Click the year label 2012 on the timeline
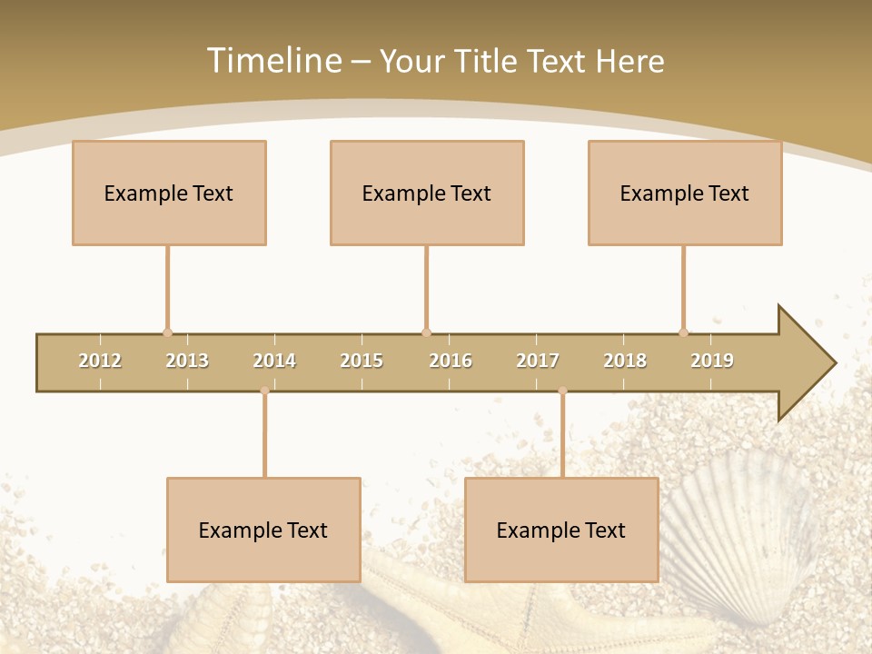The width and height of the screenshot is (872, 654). coord(100,361)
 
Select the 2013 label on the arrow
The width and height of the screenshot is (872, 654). coord(187,361)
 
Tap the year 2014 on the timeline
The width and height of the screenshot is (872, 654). coord(274,361)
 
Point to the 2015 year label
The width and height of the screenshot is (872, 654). coord(362,361)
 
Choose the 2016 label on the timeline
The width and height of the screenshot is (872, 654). coord(451,361)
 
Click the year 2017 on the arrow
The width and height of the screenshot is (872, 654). coord(538,361)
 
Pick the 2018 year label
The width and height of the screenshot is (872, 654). coord(625,361)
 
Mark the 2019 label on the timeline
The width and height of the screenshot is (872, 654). coord(712,361)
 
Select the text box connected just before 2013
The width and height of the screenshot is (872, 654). coord(169,193)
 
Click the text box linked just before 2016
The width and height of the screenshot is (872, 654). coord(427,193)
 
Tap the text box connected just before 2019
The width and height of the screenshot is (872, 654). coord(685,193)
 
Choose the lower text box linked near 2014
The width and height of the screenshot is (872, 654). coord(263,530)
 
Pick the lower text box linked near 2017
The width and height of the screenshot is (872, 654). coord(561,530)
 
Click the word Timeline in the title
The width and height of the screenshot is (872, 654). coord(272,61)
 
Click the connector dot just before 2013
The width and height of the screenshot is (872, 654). coord(167,332)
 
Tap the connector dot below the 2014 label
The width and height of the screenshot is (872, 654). coord(264,391)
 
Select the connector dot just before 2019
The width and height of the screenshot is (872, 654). coord(683,332)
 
